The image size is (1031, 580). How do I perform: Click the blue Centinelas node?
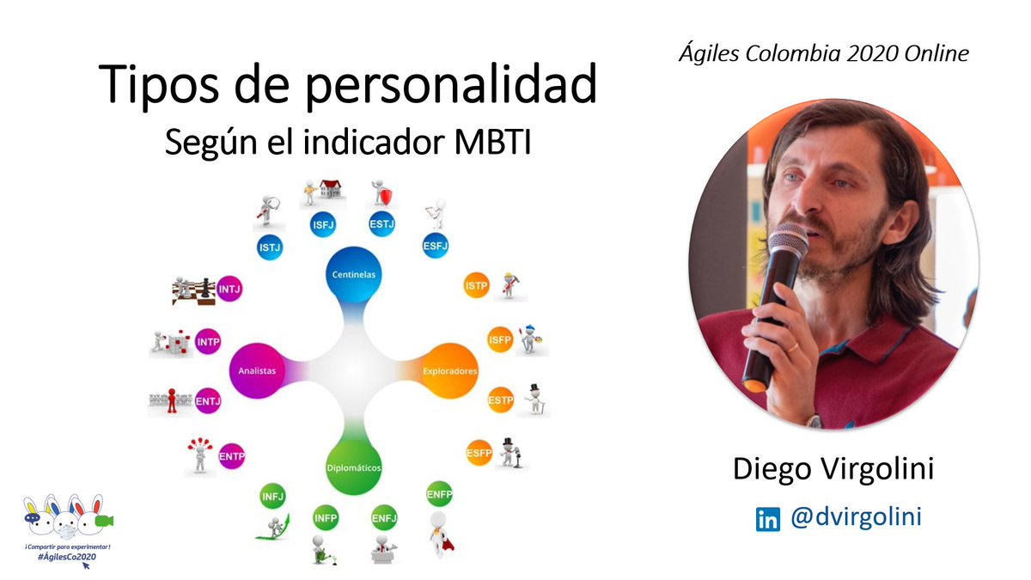click(x=354, y=274)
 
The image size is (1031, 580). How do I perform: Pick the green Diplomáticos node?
click(x=353, y=467)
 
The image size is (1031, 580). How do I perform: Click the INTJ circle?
click(x=229, y=290)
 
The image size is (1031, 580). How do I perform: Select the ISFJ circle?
click(x=322, y=225)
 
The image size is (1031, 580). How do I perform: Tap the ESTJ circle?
click(x=381, y=225)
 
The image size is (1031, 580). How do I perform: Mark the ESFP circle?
click(x=479, y=453)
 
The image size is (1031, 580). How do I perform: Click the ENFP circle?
click(x=439, y=495)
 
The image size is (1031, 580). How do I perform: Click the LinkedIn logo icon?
click(x=767, y=520)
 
